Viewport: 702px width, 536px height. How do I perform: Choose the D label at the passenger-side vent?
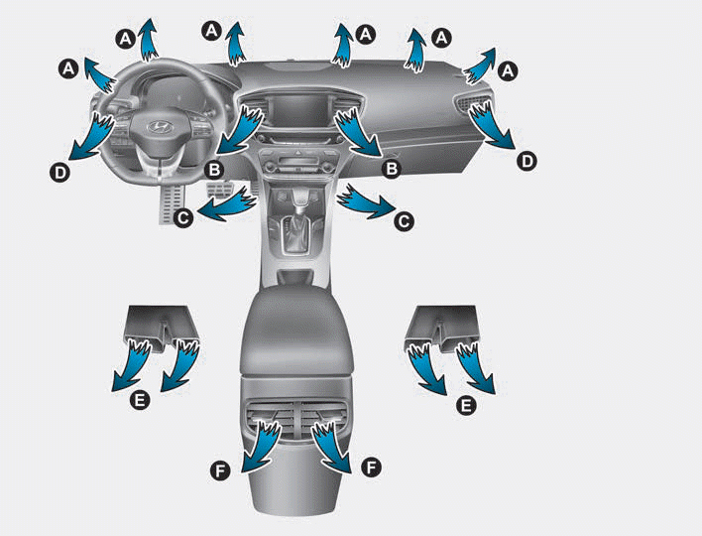pyautogui.click(x=527, y=160)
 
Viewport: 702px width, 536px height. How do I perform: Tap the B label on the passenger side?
pyautogui.click(x=392, y=170)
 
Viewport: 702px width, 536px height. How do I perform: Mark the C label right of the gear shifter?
pyautogui.click(x=404, y=222)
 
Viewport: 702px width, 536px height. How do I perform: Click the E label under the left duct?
pyautogui.click(x=141, y=400)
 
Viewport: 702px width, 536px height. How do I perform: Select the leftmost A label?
pyautogui.click(x=67, y=67)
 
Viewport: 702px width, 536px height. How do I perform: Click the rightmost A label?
pyautogui.click(x=510, y=70)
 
